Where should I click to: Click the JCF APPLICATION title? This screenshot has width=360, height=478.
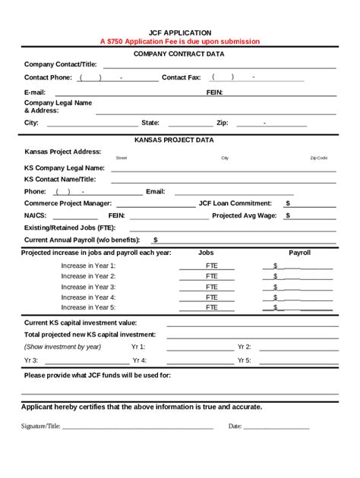tap(180, 33)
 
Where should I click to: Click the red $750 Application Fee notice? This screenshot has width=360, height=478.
tap(180, 41)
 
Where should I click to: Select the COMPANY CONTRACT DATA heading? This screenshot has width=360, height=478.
tap(179, 54)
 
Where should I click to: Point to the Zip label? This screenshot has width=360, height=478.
tap(223, 122)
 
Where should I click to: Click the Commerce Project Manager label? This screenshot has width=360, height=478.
tap(68, 203)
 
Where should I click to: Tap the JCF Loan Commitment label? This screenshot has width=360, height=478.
tap(235, 203)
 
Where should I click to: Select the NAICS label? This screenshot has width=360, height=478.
tap(35, 215)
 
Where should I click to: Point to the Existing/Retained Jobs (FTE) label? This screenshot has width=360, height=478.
tap(70, 227)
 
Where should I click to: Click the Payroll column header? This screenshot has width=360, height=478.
tap(299, 252)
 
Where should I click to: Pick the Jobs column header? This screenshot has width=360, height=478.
tap(206, 252)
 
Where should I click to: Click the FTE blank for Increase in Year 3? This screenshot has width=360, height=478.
tap(210, 288)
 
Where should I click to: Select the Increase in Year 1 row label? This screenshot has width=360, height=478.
tap(88, 266)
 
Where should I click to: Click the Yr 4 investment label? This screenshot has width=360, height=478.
tap(139, 360)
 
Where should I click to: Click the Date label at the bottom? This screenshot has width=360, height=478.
tap(235, 426)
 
